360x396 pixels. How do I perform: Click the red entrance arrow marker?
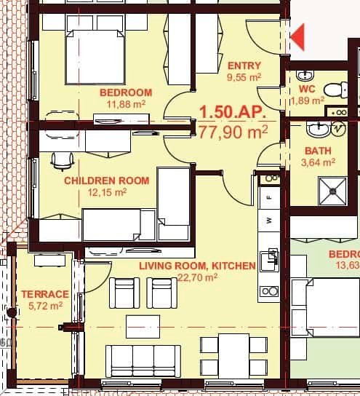(x=298, y=33)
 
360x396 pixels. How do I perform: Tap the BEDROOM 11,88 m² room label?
(x=126, y=92)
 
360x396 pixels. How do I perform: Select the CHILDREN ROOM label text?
(x=106, y=181)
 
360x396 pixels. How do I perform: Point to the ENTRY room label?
(x=244, y=66)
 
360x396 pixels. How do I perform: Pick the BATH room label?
(x=319, y=151)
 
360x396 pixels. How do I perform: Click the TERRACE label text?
(x=45, y=294)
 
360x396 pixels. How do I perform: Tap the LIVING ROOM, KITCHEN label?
(x=197, y=266)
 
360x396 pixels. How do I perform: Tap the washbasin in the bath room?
(x=317, y=130)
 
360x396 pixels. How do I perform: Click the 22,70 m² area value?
(x=198, y=277)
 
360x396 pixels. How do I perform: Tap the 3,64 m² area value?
(x=319, y=162)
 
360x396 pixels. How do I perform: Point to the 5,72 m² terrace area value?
(x=46, y=306)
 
